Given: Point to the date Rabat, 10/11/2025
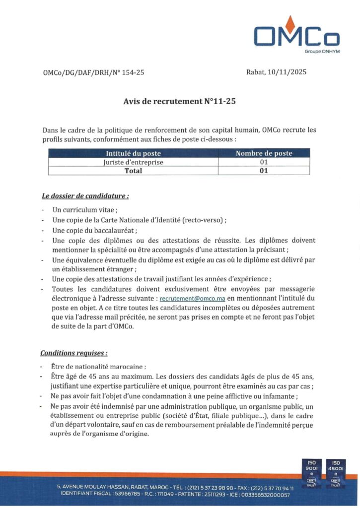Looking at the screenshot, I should coord(276,72).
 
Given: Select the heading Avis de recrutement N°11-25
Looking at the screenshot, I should coord(179,101).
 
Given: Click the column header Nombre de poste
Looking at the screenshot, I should coord(264,153).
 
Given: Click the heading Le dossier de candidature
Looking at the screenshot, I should coord(85,195).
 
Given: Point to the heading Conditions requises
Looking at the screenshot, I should coord(74,353).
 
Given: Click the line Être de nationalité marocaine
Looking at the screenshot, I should coord(99,367).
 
